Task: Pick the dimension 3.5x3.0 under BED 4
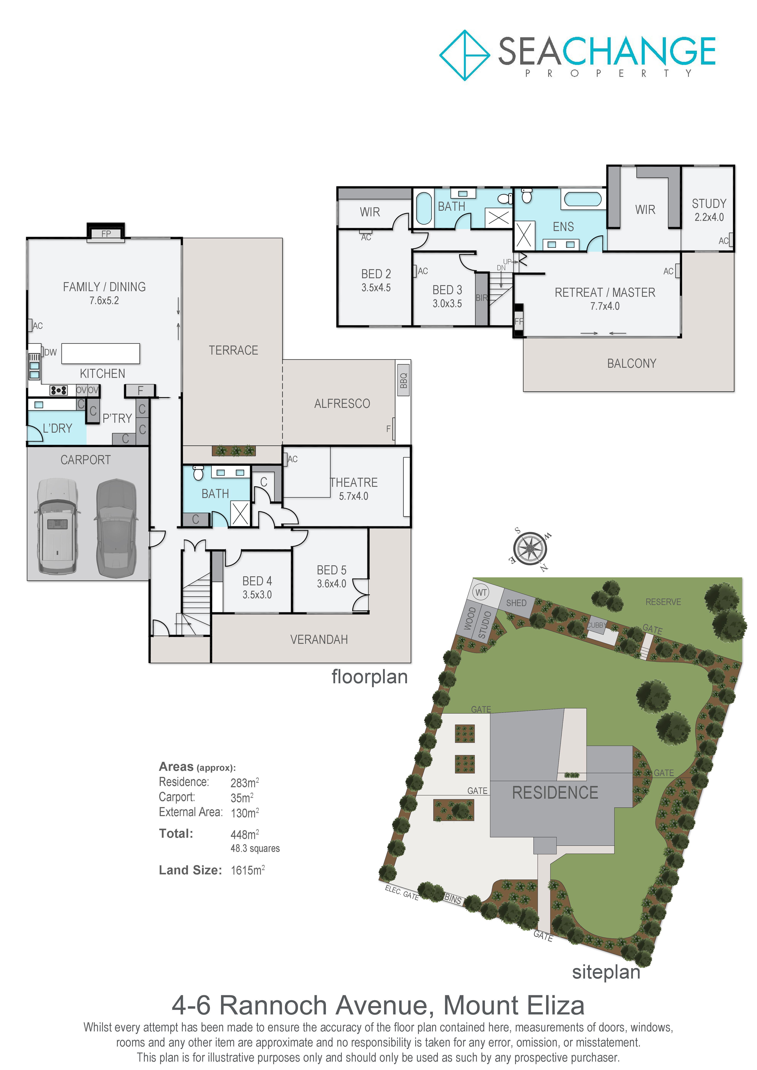(x=257, y=595)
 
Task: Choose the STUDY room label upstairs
(x=709, y=204)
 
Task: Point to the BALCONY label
(x=632, y=363)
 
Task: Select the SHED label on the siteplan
(x=516, y=603)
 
